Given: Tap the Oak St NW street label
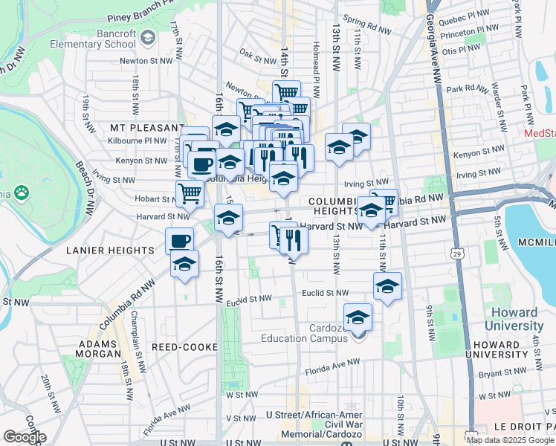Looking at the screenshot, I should click(258, 56).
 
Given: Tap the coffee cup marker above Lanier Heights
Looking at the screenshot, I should click(179, 241).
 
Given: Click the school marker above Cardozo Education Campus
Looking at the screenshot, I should click(358, 317).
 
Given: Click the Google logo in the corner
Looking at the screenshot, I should click(25, 436).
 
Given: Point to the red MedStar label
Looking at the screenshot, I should click(540, 133).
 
